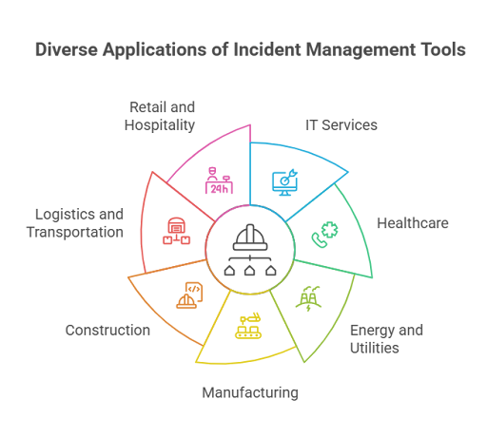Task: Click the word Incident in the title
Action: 267,49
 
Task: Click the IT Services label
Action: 341,125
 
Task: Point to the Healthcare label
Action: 413,223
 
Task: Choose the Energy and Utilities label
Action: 386,339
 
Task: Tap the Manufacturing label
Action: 250,392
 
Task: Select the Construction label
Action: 107,331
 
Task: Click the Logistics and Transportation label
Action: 75,223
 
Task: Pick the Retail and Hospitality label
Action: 160,116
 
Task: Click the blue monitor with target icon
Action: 284,182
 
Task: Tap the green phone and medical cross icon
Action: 324,235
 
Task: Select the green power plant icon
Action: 308,298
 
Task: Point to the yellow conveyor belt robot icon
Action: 248,326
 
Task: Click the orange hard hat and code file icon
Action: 189,295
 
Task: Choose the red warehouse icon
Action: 177,231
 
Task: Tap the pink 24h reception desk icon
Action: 219,180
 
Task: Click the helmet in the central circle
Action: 250,237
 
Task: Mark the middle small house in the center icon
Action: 250,271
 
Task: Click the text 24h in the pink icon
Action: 219,189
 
